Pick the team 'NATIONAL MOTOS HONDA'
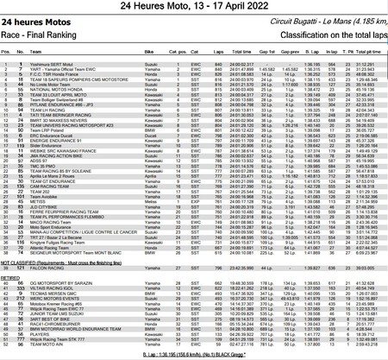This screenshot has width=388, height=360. coord(52,88)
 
